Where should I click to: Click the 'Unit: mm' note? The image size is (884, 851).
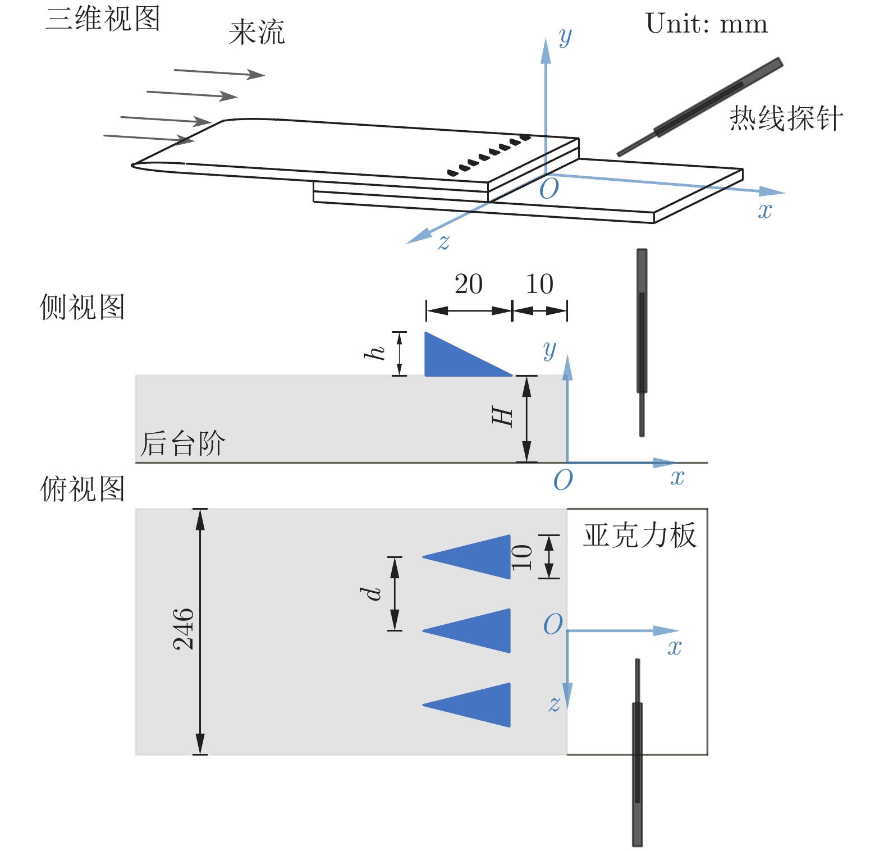click(706, 24)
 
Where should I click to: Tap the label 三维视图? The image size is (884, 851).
click(103, 19)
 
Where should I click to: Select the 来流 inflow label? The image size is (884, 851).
click(257, 32)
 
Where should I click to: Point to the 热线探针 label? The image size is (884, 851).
click(786, 118)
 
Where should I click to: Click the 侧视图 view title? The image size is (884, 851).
click(82, 307)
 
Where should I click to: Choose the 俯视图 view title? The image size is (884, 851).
click(82, 488)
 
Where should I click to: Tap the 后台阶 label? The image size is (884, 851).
click(182, 443)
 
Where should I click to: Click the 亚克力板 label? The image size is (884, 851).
click(640, 535)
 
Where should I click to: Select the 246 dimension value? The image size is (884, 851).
click(184, 629)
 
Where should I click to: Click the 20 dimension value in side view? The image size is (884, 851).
click(468, 284)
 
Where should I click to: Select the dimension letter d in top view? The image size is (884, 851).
click(371, 593)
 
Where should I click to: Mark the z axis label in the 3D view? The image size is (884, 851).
click(444, 243)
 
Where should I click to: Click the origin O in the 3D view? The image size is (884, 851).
click(549, 189)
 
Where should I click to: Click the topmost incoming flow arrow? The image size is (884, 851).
click(219, 72)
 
